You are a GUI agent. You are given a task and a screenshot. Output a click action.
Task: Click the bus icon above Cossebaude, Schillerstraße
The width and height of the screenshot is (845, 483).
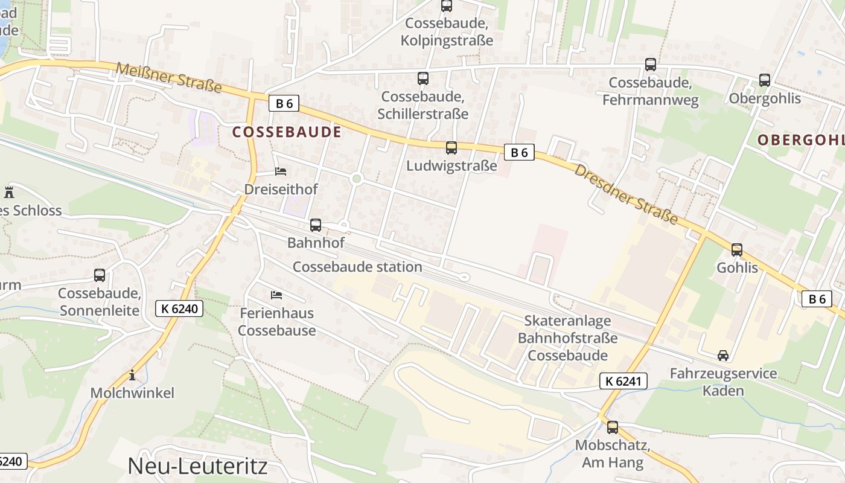[x=422, y=78]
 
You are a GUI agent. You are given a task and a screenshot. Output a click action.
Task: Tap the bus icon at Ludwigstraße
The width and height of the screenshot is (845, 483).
[x=451, y=147]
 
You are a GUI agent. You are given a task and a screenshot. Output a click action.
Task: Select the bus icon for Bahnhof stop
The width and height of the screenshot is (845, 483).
[x=315, y=225]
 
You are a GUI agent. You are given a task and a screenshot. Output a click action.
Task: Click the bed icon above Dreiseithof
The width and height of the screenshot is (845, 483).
[x=280, y=171]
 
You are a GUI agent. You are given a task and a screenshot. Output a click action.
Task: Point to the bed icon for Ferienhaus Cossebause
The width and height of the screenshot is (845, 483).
[x=276, y=295]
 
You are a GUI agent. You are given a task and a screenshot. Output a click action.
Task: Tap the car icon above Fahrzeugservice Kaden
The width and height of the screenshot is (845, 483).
[x=722, y=355]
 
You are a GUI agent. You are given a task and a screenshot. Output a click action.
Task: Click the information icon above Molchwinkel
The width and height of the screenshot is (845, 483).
[x=132, y=375]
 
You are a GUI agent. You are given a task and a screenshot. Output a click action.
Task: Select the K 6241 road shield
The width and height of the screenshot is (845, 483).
[x=623, y=381]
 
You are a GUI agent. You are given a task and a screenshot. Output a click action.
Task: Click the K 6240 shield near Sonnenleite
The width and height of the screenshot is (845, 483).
[x=179, y=309]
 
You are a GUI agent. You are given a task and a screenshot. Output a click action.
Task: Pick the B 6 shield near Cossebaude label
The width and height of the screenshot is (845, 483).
[x=284, y=103]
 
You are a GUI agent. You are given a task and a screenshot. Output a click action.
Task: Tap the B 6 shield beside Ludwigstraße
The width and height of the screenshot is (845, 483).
[x=519, y=152]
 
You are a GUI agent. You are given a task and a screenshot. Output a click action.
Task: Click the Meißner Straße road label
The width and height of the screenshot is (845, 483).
[x=168, y=77]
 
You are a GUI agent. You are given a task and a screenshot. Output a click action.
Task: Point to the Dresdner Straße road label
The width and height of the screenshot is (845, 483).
[x=626, y=194]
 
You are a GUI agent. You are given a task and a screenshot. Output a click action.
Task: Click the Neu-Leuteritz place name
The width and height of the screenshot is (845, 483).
[x=197, y=465]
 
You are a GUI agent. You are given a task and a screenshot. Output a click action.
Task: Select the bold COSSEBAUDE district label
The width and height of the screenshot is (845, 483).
[x=287, y=132]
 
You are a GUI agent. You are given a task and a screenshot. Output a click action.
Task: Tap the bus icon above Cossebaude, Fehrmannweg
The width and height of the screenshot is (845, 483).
[x=650, y=64]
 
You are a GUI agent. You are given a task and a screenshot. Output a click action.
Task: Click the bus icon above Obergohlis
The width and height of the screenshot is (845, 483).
[x=764, y=80]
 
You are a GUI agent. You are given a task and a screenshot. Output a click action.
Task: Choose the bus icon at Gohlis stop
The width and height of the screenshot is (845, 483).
[x=736, y=249]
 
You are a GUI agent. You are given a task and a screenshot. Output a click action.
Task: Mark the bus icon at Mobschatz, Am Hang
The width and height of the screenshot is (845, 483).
[x=612, y=427]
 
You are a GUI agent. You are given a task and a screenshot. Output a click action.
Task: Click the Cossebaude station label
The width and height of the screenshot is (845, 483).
[x=357, y=266]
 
